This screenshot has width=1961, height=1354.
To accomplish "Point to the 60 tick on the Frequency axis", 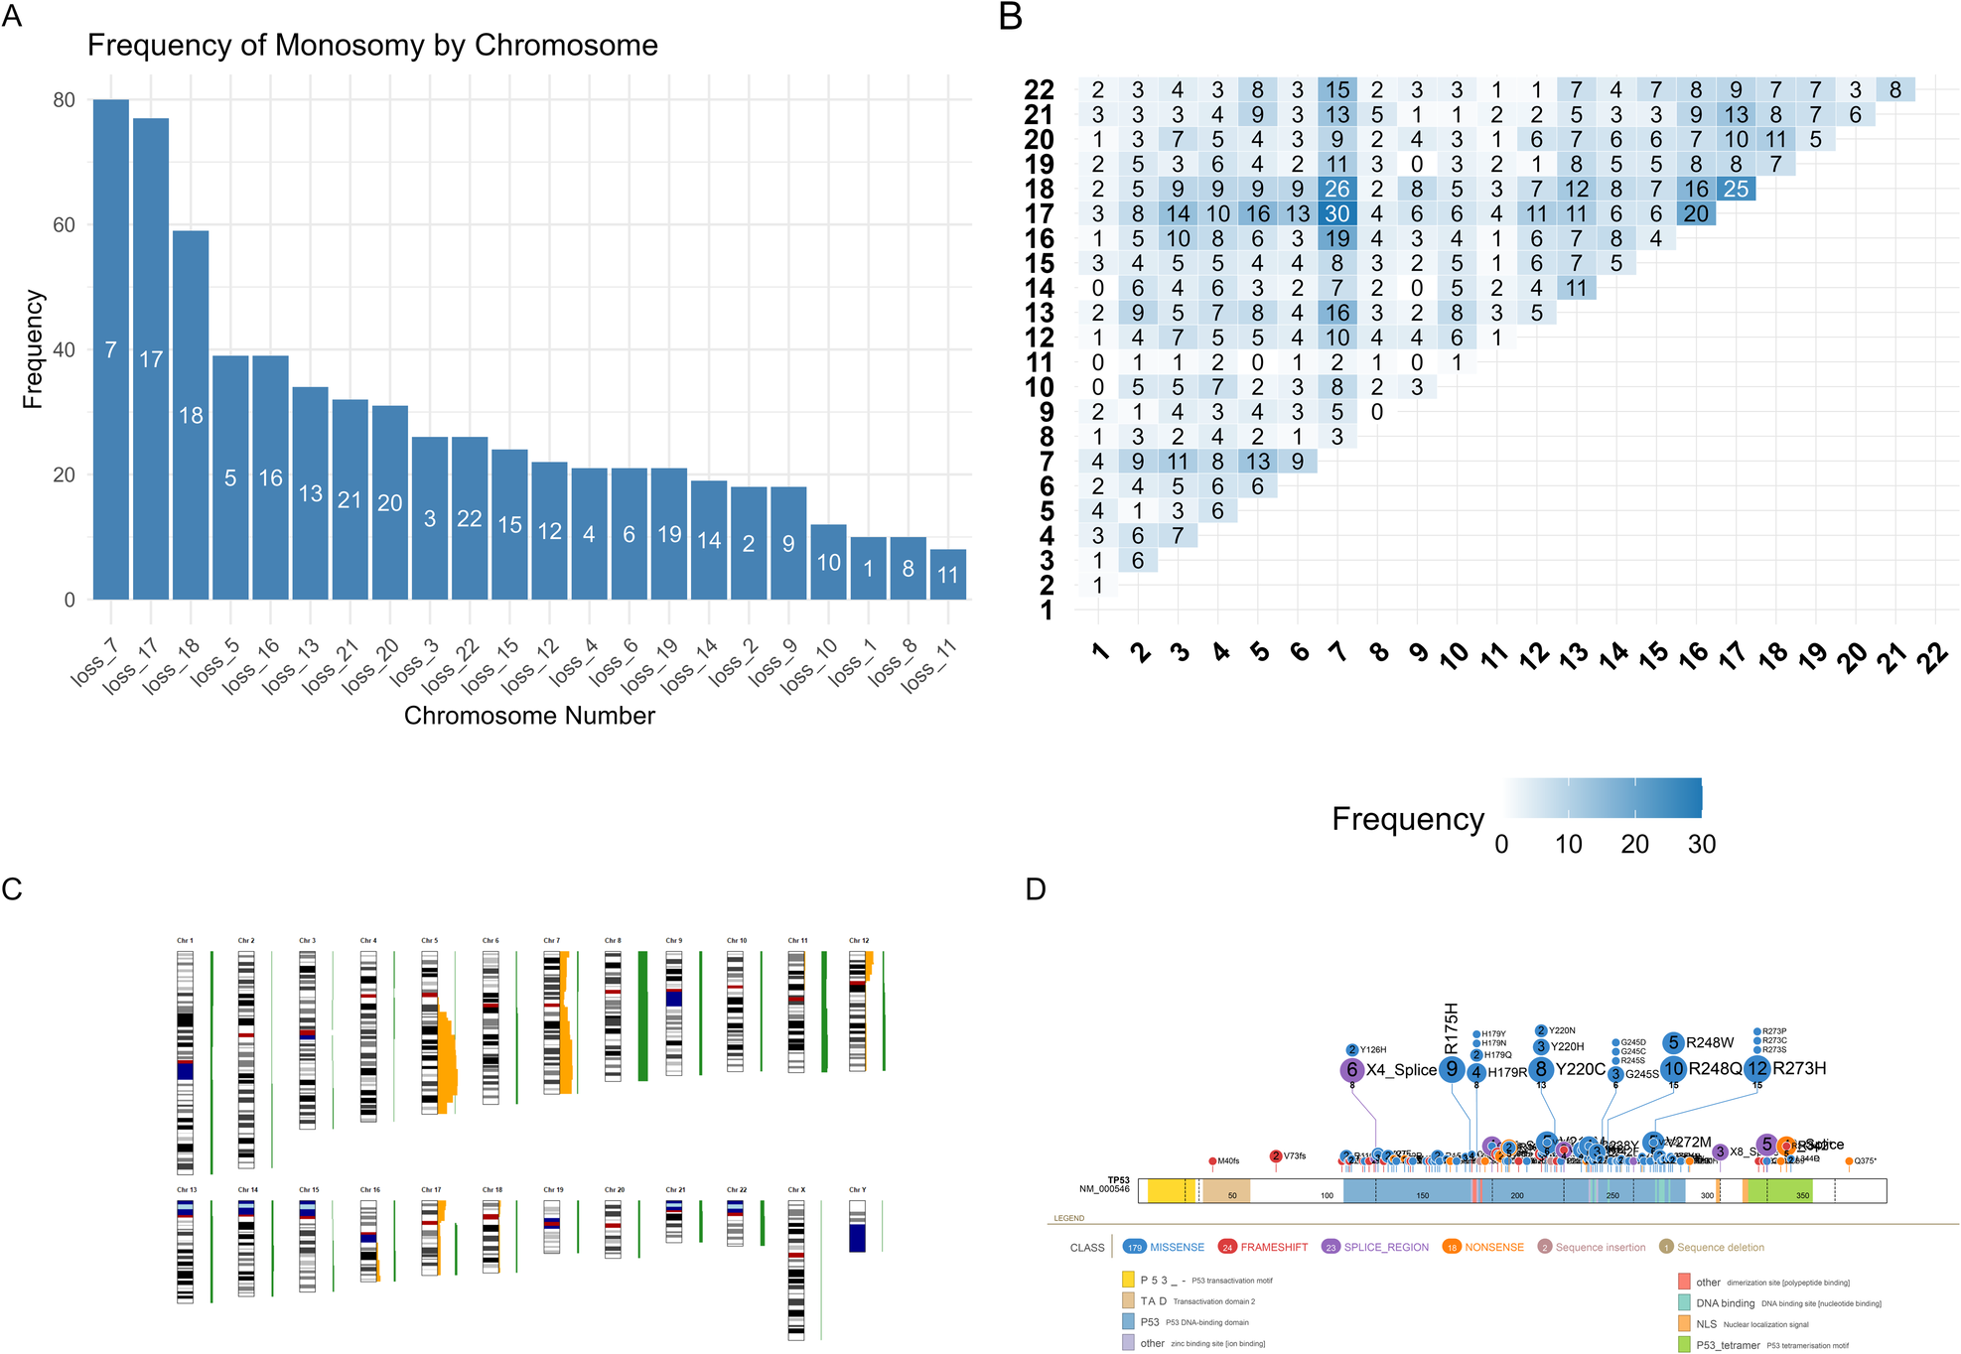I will coord(64,225).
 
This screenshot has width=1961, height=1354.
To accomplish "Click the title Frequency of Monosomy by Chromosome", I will coord(372,46).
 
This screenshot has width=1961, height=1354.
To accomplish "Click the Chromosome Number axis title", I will coord(529,716).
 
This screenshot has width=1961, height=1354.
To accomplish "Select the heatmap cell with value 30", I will coord(1337,213).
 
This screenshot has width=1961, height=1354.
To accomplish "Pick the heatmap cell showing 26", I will coord(1337,189).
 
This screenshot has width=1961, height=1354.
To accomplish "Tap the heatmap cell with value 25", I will coord(1736,189).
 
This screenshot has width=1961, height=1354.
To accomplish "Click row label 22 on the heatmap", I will coord(1039,90).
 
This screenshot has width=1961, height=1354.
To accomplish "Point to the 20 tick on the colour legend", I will coord(1634,845).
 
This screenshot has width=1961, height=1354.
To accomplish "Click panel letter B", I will coord(1011,17).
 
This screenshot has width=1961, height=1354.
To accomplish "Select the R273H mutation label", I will coord(1799,1069).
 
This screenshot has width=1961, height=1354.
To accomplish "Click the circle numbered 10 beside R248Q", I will coord(1674,1069).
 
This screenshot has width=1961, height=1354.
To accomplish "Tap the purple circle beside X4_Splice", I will coord(1351,1070).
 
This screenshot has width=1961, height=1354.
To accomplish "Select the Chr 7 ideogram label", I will coord(551,940).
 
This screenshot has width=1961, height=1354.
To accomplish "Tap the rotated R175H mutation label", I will coord(1452,1028).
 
